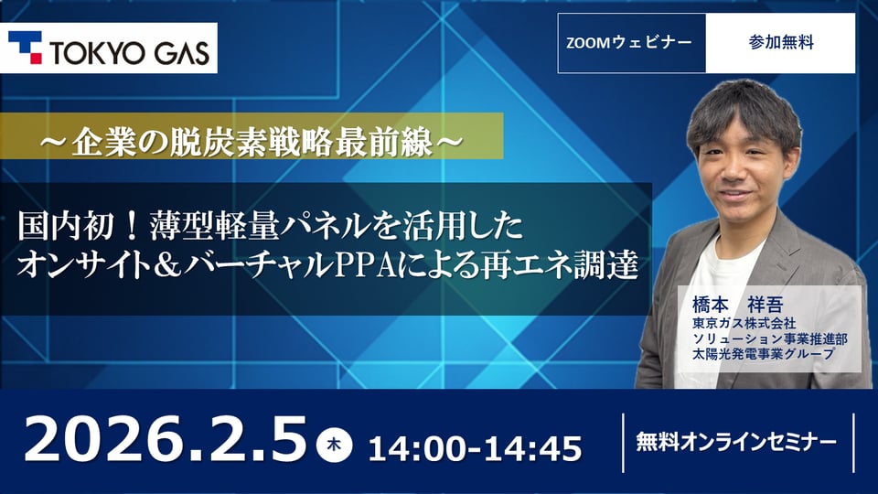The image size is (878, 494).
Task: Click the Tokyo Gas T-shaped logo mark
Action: (x=25, y=48)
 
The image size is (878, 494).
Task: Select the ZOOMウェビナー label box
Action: (x=631, y=42)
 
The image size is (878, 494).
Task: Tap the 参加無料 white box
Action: (x=780, y=42)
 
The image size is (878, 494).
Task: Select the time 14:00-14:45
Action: (x=475, y=447)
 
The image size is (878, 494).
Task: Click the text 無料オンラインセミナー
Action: (x=735, y=442)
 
